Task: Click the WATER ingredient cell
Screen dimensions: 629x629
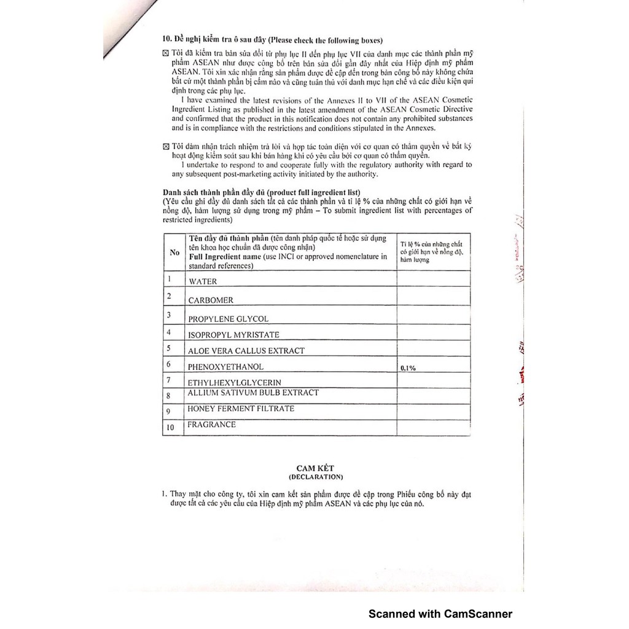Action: tap(203, 282)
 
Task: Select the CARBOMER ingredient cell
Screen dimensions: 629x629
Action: tap(211, 301)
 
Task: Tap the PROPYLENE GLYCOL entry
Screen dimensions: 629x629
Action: tap(228, 319)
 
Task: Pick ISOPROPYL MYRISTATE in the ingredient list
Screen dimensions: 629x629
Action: tap(233, 335)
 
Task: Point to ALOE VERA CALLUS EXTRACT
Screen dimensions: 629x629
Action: tap(246, 351)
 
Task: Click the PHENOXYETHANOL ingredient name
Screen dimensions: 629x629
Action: tap(225, 367)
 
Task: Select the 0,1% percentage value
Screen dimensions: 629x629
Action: tap(408, 368)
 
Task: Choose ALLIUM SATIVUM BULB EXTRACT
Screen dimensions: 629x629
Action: tap(253, 393)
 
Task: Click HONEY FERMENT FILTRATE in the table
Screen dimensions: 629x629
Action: tap(241, 408)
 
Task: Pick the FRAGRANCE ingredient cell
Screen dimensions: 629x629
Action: tap(212, 424)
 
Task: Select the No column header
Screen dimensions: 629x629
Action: tap(174, 252)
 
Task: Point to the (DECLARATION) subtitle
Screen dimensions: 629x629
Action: tap(316, 477)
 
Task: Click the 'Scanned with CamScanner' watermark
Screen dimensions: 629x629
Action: tap(440, 614)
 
